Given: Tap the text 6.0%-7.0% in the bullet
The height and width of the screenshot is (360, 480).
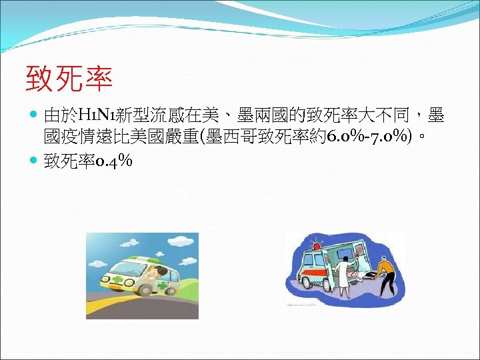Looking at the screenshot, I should (371, 138).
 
